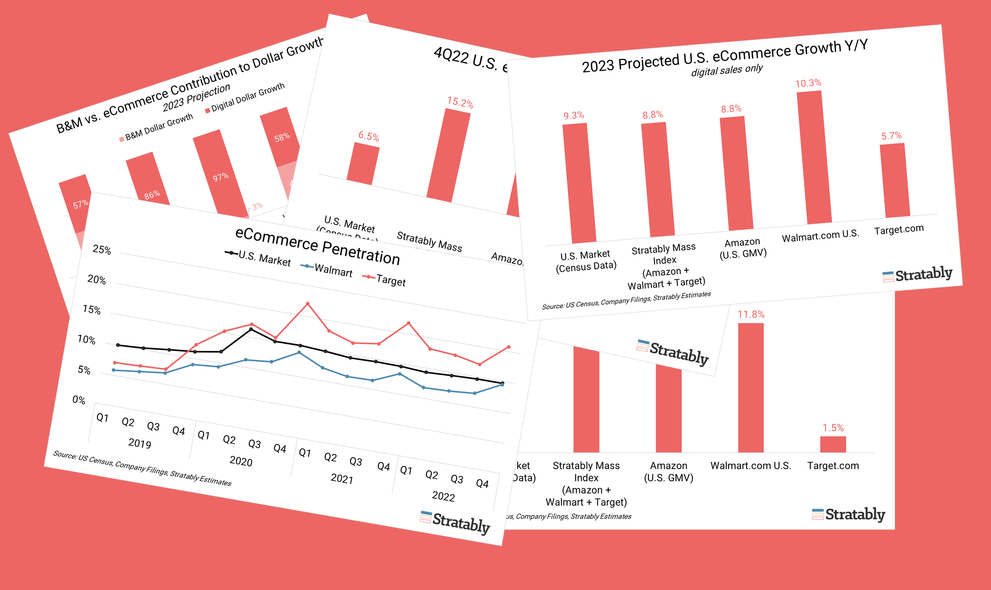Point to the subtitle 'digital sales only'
727,70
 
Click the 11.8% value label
751,314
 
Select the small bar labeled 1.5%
833,444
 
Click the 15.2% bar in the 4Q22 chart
448,155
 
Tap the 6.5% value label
368,136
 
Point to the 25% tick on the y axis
102,250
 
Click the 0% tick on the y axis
79,400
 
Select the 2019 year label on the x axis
139,443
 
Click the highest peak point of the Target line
307,304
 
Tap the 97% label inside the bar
221,177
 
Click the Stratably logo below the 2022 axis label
455,522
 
